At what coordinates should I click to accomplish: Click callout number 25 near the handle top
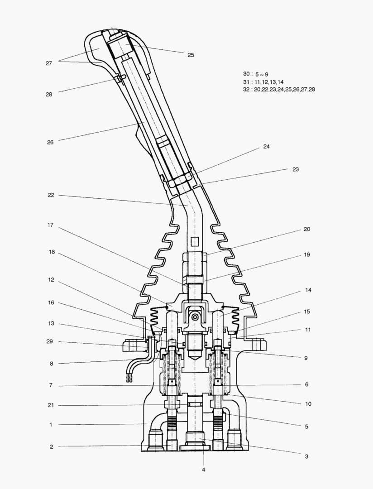tap(191, 55)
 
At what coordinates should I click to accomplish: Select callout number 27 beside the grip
tap(48, 63)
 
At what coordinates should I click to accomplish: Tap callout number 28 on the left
tap(48, 95)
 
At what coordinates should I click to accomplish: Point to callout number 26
tap(50, 142)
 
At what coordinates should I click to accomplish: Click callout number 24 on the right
tap(266, 147)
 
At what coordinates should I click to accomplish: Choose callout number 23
tap(296, 169)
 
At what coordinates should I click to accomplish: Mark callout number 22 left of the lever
tap(51, 195)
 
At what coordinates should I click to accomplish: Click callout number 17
tap(51, 225)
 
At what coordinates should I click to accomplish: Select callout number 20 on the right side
tap(306, 229)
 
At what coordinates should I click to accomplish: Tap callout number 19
tap(306, 255)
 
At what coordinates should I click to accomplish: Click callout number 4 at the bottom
tap(203, 470)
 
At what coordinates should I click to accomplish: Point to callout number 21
tap(51, 405)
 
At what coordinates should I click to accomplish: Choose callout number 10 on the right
tap(308, 403)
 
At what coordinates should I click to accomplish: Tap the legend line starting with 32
tap(279, 90)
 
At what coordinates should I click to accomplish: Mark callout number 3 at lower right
tap(306, 456)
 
